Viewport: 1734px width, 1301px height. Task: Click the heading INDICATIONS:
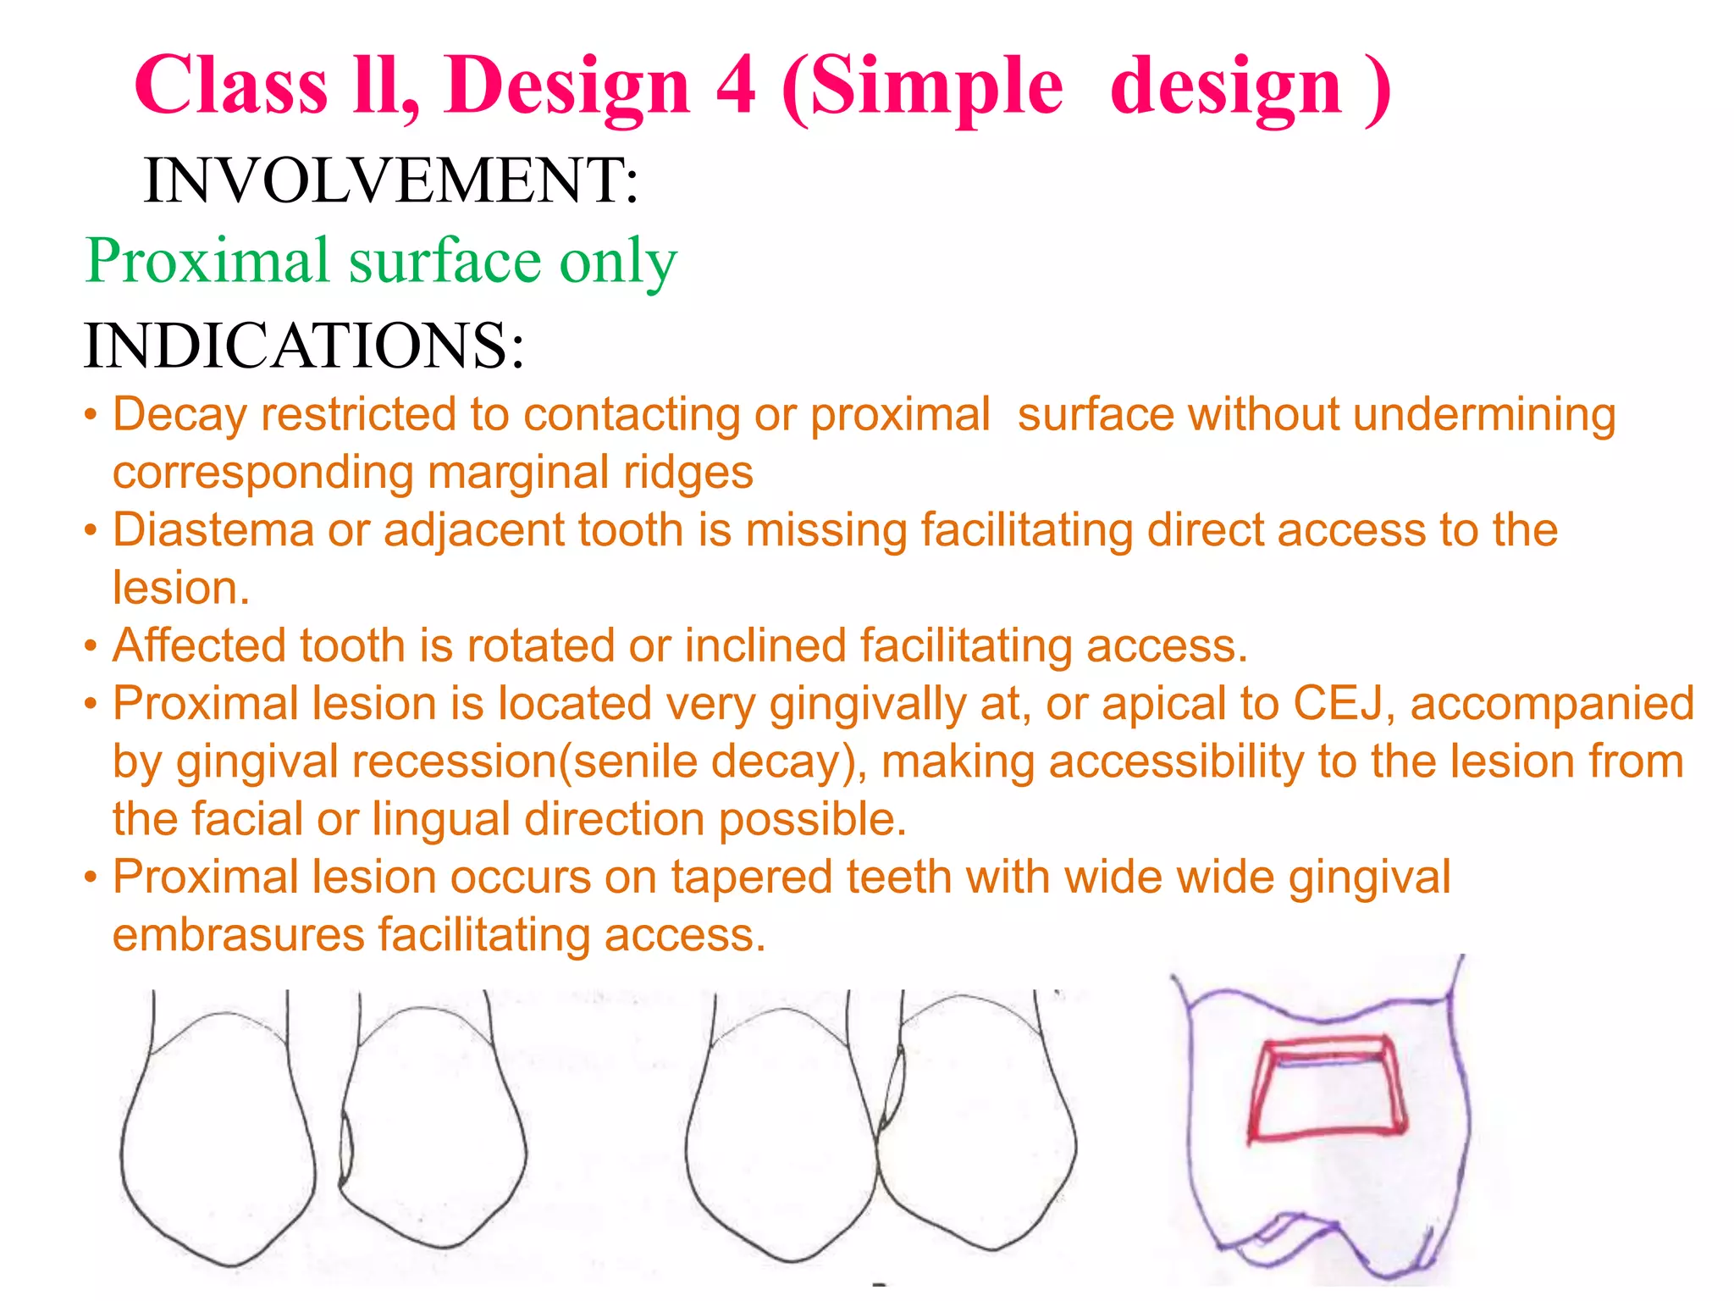(x=304, y=346)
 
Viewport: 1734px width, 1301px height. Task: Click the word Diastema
(x=213, y=530)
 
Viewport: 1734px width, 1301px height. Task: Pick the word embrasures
(x=238, y=934)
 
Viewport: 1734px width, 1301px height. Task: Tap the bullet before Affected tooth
(x=91, y=647)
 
